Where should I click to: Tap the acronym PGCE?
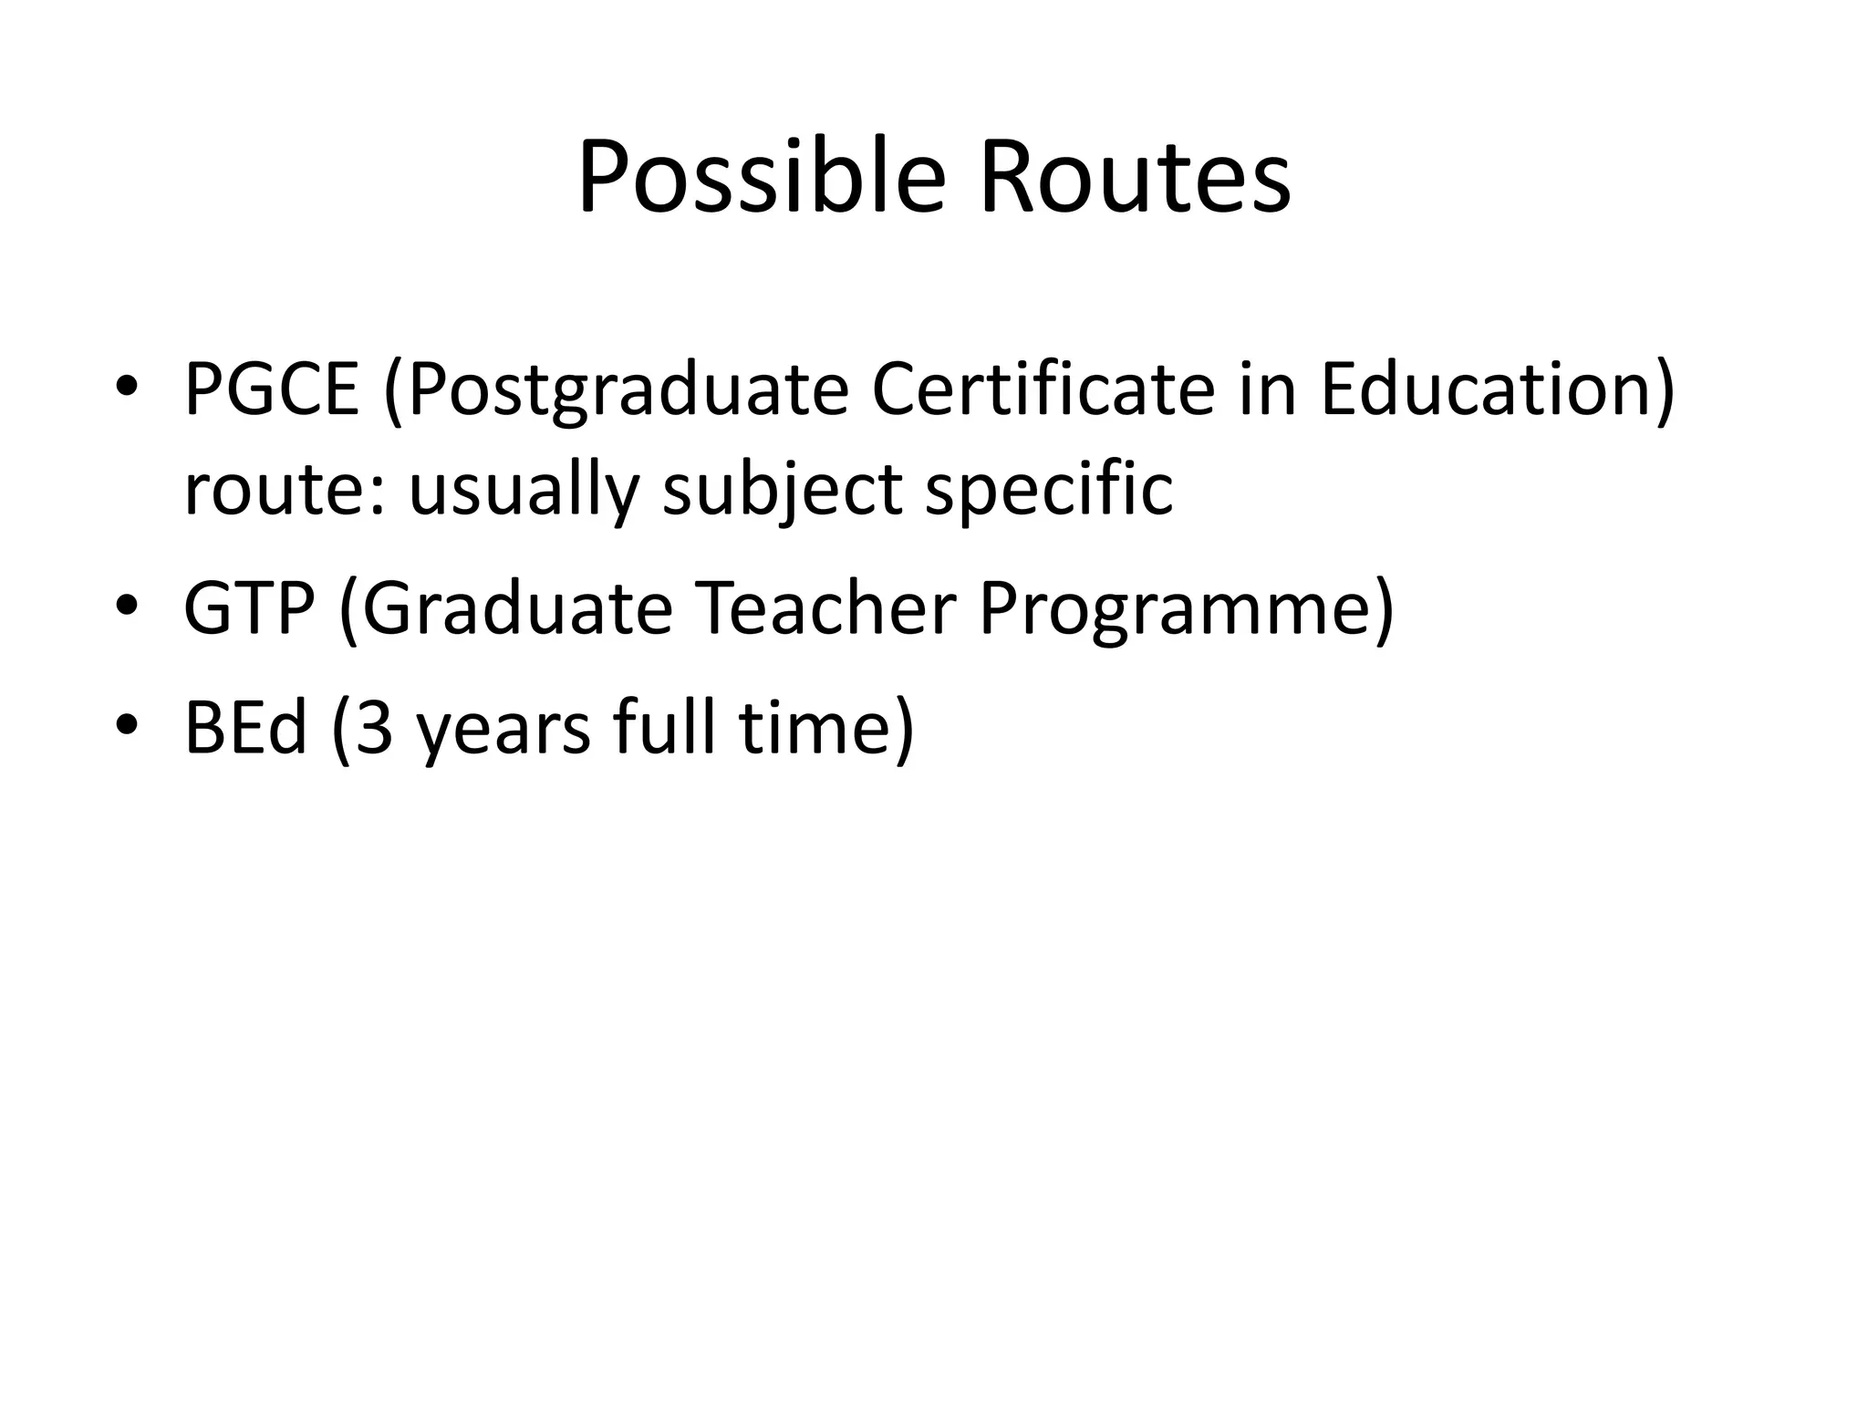(x=272, y=389)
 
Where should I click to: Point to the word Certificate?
(x=1043, y=389)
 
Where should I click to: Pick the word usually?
(x=524, y=491)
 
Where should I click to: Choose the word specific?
(x=1049, y=491)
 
